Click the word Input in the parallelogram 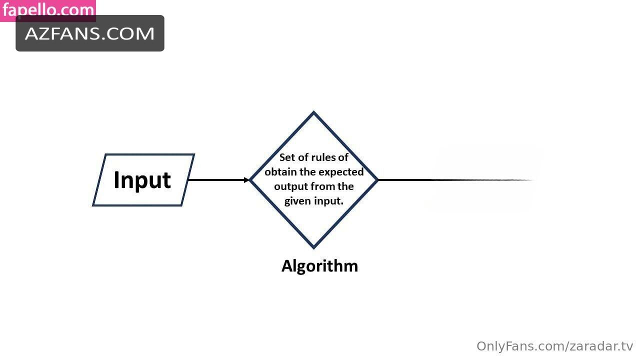pyautogui.click(x=142, y=180)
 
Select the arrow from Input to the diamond pyautogui.click(x=218, y=180)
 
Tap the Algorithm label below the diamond pyautogui.click(x=319, y=266)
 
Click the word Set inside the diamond pyautogui.click(x=287, y=157)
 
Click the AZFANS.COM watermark pyautogui.click(x=90, y=33)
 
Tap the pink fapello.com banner pyautogui.click(x=48, y=10)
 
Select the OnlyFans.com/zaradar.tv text pyautogui.click(x=555, y=346)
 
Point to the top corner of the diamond pyautogui.click(x=313, y=111)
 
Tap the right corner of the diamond pyautogui.click(x=378, y=180)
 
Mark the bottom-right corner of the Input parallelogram pyautogui.click(x=181, y=205)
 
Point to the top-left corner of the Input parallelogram pyautogui.click(x=105, y=154)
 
